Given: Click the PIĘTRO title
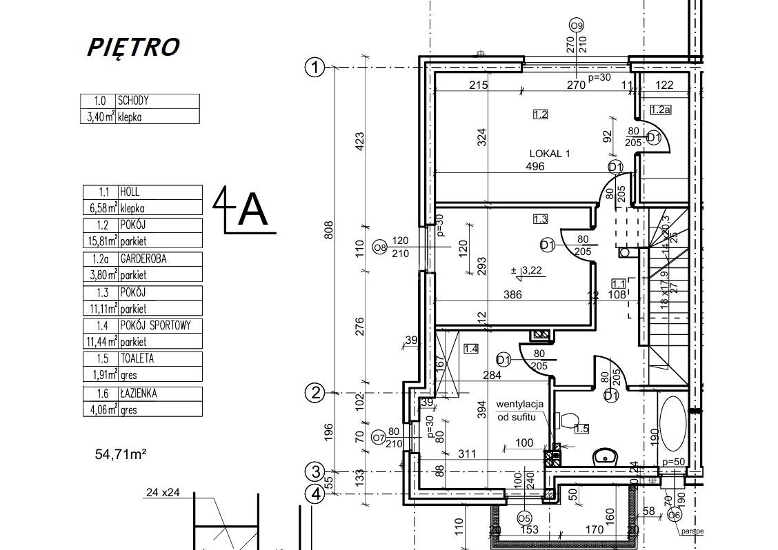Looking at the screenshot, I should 133,46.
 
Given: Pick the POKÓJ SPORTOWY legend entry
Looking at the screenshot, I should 159,325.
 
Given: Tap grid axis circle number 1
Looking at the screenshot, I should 315,68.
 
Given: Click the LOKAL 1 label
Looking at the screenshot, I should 549,154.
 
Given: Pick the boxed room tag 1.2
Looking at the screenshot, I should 540,114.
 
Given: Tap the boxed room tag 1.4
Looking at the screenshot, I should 471,349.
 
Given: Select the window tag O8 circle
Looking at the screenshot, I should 379,247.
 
